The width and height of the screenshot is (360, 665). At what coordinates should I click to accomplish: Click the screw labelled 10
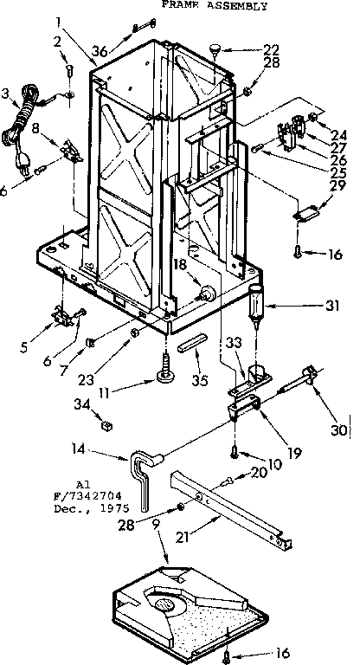[234, 450]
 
